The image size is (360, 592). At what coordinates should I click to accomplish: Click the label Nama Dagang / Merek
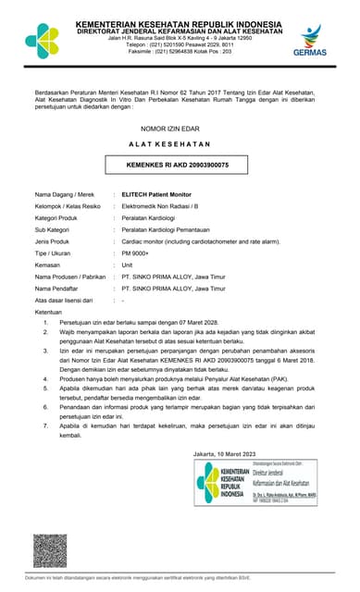[65, 194]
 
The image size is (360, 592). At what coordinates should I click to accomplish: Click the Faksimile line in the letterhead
[179, 51]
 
